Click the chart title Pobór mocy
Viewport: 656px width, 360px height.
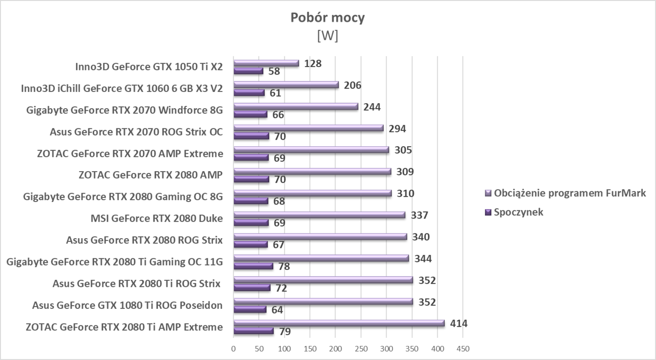(328, 18)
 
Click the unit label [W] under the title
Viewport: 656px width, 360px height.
(328, 36)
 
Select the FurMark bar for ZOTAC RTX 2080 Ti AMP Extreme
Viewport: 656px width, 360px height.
(339, 323)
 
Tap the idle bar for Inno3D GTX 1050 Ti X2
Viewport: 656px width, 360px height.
(248, 71)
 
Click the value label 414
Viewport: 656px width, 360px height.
(459, 323)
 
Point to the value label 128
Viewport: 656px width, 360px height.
(313, 63)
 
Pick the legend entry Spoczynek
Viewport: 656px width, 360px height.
(518, 212)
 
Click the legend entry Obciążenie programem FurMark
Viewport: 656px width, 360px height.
(570, 193)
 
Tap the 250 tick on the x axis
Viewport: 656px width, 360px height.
(361, 349)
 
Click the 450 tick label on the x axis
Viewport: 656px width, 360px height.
(462, 349)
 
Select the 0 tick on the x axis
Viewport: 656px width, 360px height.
(233, 349)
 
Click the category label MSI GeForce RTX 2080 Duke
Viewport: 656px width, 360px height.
(157, 218)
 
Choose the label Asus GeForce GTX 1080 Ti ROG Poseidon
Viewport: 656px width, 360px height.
(127, 306)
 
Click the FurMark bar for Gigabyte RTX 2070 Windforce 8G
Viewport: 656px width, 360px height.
(296, 106)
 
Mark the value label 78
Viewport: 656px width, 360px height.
(284, 267)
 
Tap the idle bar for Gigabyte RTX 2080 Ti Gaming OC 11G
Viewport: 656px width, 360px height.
(253, 266)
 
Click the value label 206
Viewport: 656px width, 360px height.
(352, 85)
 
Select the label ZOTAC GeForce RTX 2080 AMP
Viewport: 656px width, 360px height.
(150, 175)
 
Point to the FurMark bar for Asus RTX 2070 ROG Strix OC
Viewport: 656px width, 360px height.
(308, 128)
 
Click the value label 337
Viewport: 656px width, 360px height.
(419, 215)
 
